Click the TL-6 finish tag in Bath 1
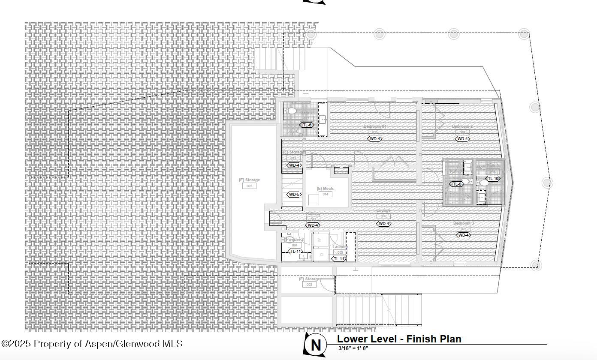tap(307, 125)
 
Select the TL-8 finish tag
tap(457, 184)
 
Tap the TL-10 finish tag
tap(493, 179)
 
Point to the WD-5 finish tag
tap(294, 195)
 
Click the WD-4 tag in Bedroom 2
tap(462, 139)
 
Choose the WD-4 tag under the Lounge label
tap(383, 224)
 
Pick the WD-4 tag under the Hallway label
tap(313, 225)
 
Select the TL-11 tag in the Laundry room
tap(338, 259)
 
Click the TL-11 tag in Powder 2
tap(295, 252)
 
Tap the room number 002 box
tap(249, 186)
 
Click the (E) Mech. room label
tap(325, 189)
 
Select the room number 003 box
tap(309, 285)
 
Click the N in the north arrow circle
tap(316, 345)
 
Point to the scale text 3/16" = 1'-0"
tap(353, 348)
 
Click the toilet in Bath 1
tap(292, 111)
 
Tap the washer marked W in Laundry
tap(320, 240)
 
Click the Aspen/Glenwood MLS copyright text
tap(92, 344)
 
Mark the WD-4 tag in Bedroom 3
tap(463, 235)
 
